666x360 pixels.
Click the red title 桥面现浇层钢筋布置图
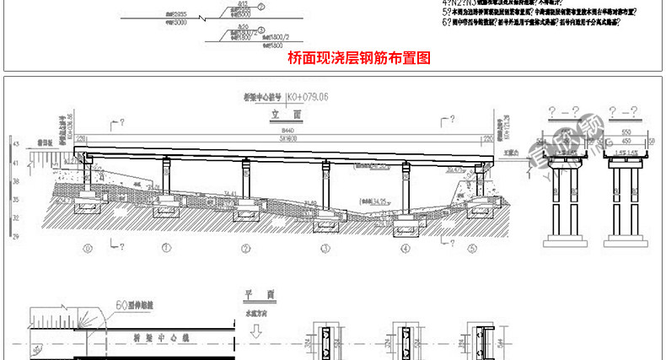pos(359,58)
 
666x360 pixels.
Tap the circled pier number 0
pos(88,249)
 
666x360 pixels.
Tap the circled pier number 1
pos(167,249)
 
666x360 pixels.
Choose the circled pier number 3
pos(324,249)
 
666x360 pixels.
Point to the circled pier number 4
pos(406,249)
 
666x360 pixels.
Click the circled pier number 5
pos(472,249)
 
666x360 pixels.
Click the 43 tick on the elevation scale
pos(16,145)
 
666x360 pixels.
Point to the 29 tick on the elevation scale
pos(16,238)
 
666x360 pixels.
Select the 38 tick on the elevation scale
pos(16,185)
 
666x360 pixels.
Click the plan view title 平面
pos(248,294)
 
